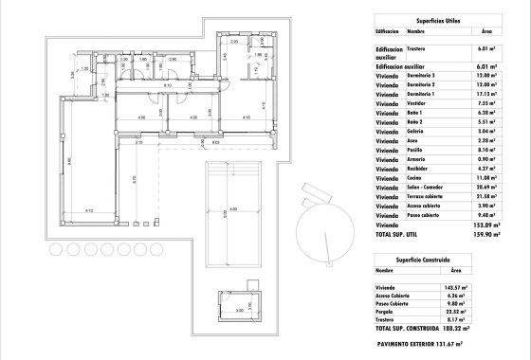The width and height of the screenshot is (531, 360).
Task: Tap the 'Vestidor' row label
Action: (421, 103)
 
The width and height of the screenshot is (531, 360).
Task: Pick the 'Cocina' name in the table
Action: (418, 177)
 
